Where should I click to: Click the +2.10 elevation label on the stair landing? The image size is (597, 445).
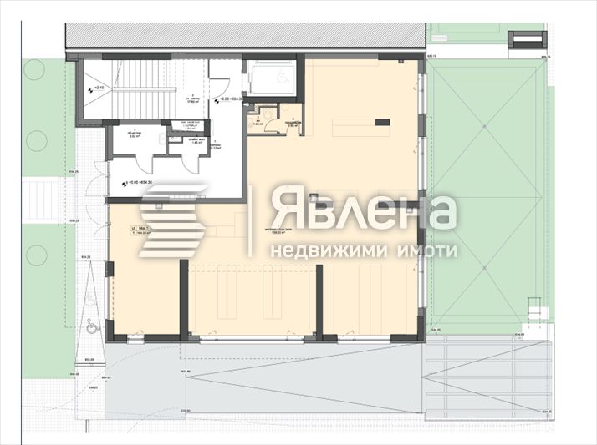pos(98,88)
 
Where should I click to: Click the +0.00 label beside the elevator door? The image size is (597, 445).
pos(231,99)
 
